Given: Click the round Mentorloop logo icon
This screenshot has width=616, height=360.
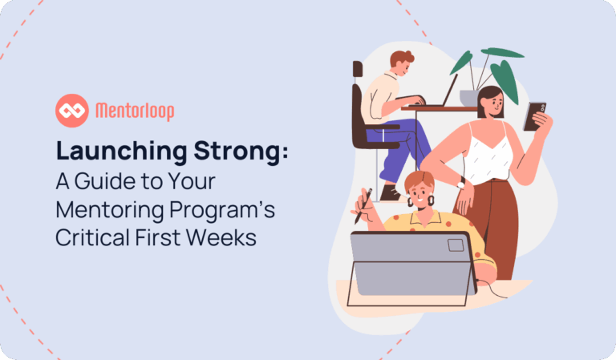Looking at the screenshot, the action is (72, 111).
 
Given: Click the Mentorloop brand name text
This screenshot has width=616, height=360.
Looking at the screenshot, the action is (135, 111).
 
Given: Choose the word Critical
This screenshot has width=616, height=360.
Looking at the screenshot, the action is (92, 237).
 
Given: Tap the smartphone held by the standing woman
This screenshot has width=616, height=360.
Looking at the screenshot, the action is (534, 116).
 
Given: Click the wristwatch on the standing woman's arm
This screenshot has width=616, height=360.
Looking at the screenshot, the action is (461, 183).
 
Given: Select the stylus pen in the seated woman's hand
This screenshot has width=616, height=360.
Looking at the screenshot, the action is (363, 206).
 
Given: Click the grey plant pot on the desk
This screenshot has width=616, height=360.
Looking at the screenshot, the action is (469, 98).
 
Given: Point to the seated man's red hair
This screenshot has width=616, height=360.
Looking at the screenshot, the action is (402, 59).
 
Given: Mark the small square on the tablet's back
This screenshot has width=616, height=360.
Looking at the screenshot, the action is (456, 245).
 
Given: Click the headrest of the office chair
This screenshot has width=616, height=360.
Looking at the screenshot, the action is (358, 69).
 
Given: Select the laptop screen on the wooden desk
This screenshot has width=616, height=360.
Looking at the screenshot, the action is (450, 90).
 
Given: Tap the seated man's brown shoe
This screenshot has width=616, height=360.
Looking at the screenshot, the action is (390, 193).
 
